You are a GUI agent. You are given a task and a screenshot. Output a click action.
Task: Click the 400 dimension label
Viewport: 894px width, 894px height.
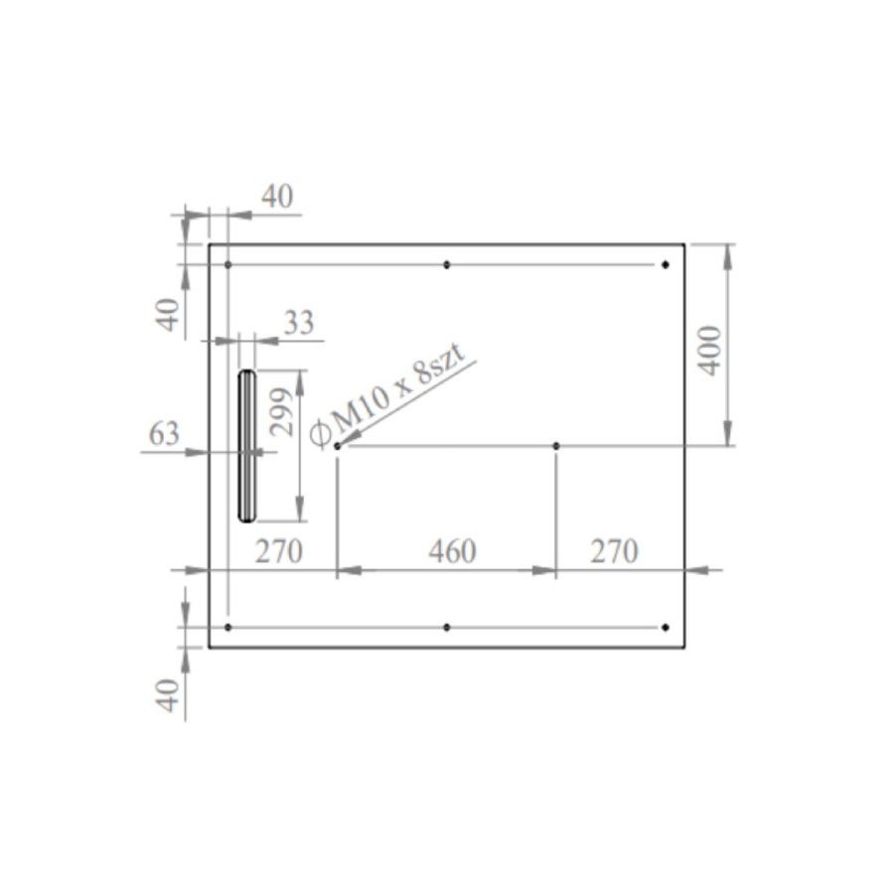coord(710,348)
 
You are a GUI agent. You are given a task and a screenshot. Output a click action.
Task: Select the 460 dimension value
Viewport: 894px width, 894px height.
coord(452,551)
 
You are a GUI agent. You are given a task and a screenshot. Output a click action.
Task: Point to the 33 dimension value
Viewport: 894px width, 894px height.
coord(298,323)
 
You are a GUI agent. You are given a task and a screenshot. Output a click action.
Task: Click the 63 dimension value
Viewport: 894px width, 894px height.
coord(164,434)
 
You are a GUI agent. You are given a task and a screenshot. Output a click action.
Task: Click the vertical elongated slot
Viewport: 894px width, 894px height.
coord(246,445)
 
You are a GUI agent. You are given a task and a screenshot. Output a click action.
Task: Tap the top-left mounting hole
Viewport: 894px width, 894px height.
coord(228,264)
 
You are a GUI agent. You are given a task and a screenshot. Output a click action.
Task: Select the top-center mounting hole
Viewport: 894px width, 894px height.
coord(447,264)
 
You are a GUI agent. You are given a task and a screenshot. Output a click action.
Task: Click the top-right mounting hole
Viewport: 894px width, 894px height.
coord(666,264)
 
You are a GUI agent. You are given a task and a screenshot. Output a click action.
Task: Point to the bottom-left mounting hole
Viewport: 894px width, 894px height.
coord(228,628)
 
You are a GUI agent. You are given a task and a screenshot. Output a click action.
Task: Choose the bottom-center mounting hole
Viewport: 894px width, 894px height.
coord(447,628)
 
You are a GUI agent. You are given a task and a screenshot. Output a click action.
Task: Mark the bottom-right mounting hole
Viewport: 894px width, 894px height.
coord(666,628)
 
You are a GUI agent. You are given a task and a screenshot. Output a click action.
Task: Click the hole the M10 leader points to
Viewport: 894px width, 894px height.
coord(338,446)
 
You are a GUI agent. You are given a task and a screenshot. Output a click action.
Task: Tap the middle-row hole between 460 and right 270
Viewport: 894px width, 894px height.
coord(556,446)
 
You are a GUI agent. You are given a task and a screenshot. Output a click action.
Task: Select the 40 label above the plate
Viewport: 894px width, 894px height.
coord(277,197)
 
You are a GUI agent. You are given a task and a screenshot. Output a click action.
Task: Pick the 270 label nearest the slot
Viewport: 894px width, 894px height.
coord(277,551)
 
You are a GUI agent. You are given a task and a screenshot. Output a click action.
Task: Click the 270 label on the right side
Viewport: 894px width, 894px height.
coord(614,551)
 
